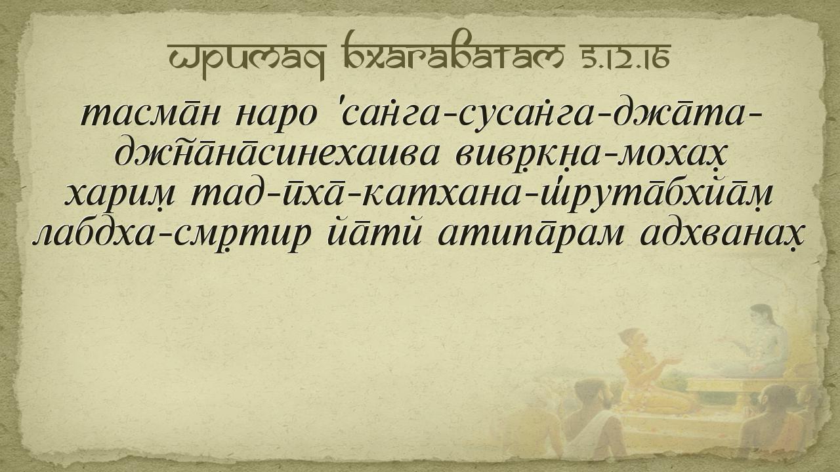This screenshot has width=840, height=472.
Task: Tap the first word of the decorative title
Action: (247, 60)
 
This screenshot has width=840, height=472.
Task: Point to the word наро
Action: (276, 116)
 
